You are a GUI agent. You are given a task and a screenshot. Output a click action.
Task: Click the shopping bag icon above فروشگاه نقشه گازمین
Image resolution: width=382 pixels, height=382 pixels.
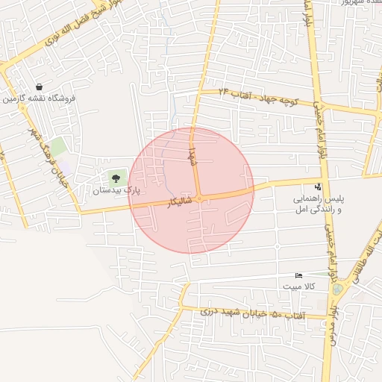coord(39,87)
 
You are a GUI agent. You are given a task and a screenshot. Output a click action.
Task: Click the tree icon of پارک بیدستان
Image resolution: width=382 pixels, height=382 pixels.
coord(115,178)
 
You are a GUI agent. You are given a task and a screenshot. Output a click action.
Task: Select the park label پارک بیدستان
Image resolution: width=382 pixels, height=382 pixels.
coord(116,190)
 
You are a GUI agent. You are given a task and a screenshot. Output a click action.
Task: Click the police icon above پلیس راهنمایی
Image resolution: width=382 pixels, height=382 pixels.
coord(319,187)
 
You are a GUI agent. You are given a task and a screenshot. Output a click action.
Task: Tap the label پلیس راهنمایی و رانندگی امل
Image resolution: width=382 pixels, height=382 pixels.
coord(319,206)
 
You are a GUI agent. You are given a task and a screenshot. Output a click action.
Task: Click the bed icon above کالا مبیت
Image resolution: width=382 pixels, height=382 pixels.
coord(299,275)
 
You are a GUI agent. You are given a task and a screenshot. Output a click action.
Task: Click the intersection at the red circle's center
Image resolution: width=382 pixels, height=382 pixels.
coord(199,198)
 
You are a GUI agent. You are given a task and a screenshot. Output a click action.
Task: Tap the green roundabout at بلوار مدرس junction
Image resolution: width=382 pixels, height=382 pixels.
coord(338,289)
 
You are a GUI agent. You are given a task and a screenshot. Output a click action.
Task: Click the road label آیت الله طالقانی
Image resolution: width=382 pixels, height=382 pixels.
coord(371,246)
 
